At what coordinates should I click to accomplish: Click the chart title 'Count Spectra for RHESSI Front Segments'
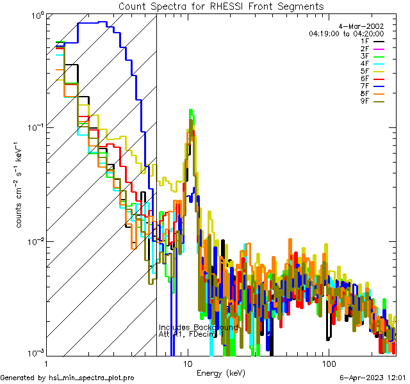point(221,6)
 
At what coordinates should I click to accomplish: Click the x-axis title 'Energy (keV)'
point(220,372)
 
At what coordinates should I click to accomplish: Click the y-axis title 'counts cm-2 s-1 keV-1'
point(21,186)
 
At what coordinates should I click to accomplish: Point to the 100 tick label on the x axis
point(328,363)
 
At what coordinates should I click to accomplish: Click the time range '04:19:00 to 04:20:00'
point(346,33)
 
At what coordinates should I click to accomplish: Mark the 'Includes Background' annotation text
point(198,328)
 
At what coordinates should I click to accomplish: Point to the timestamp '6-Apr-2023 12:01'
point(373,378)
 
